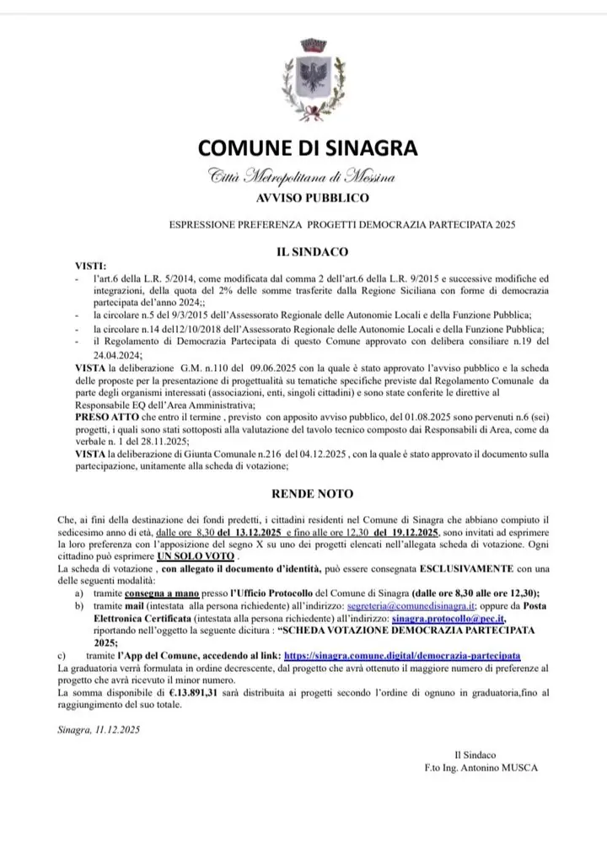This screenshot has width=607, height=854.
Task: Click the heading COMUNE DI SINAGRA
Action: click(308, 148)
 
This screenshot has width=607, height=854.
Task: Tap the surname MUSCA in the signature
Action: click(518, 767)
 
